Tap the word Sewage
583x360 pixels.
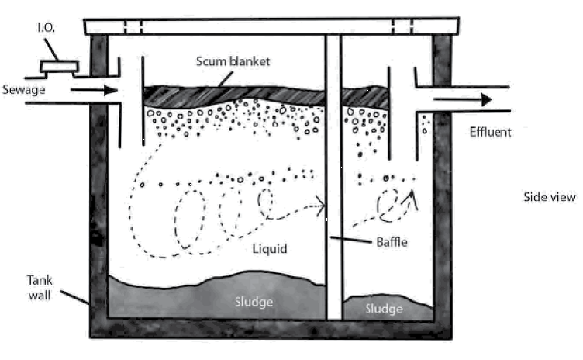click(22, 90)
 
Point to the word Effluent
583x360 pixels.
click(490, 131)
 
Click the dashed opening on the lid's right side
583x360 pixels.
click(402, 27)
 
